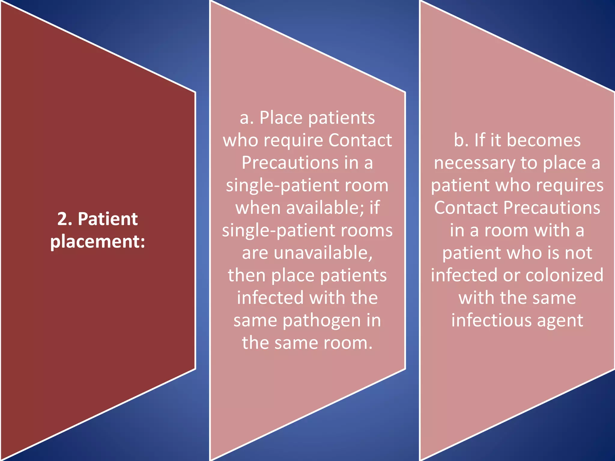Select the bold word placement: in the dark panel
pos(98,241)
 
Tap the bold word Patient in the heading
pos(108,219)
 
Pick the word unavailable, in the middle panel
pos(323,253)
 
